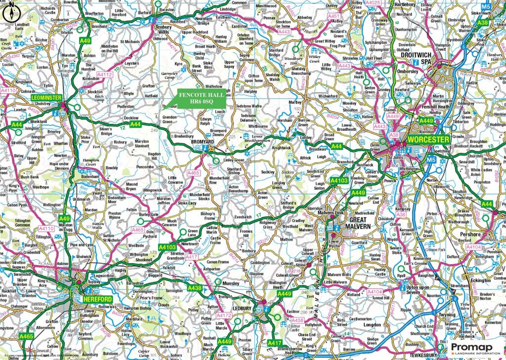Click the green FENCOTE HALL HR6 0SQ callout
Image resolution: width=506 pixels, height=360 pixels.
click(200, 98)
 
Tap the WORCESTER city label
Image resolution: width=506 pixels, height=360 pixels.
click(428, 140)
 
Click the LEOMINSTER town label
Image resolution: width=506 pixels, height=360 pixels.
click(46, 98)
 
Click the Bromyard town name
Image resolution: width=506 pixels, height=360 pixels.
click(202, 142)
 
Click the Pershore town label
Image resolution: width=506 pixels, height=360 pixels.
click(469, 234)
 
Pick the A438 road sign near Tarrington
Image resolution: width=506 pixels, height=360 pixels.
click(194, 287)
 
